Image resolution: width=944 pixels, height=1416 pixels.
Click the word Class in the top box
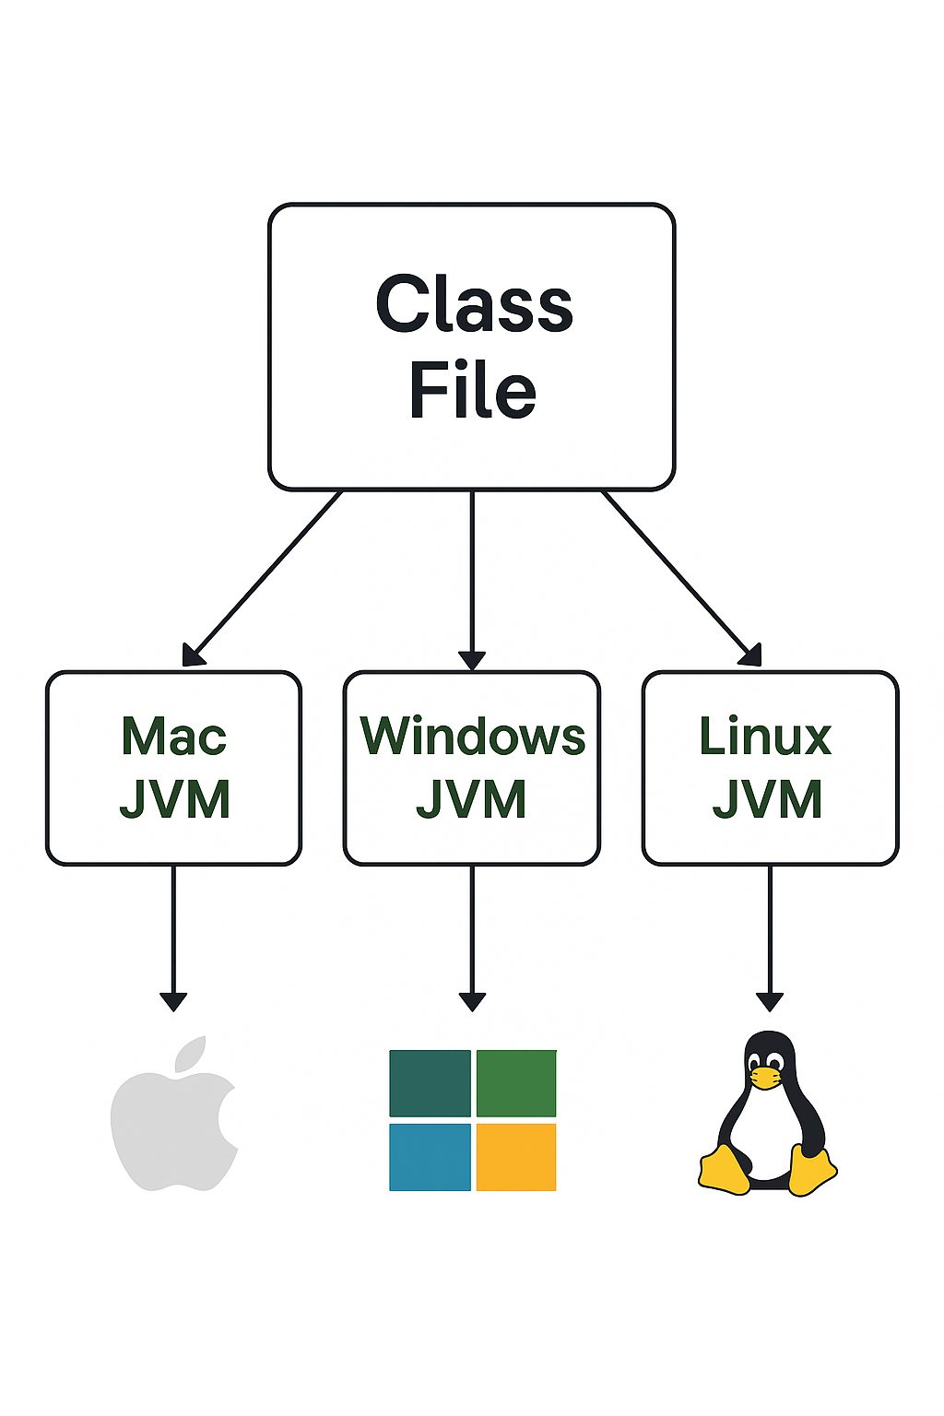(x=474, y=305)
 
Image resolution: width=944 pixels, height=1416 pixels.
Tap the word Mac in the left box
(x=173, y=737)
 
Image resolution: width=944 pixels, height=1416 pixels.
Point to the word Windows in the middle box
(x=472, y=737)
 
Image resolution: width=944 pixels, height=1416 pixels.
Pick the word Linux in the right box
(x=765, y=737)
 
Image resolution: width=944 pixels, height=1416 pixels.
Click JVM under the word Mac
(x=174, y=799)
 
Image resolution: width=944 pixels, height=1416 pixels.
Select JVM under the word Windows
(x=471, y=799)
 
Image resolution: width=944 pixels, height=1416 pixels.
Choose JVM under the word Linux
(x=767, y=799)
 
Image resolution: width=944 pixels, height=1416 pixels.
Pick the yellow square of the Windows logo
(x=516, y=1157)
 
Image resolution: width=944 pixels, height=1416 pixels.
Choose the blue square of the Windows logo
(x=430, y=1157)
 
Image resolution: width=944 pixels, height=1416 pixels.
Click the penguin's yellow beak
(x=765, y=1077)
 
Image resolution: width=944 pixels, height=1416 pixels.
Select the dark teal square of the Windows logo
(x=430, y=1083)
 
